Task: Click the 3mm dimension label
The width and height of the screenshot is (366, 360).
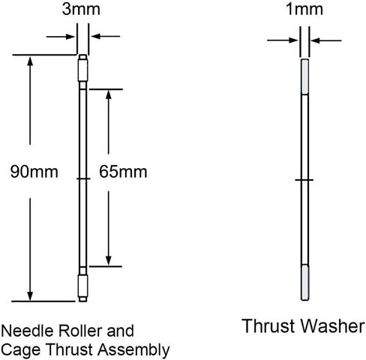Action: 81,9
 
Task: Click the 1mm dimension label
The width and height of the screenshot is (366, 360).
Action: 304,9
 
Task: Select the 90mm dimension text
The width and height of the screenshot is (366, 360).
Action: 34,172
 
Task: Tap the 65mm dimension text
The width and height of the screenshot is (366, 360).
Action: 123,172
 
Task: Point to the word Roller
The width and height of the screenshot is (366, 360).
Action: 80,331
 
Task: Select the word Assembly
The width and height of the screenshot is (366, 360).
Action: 133,349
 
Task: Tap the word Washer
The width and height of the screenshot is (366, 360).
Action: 332,326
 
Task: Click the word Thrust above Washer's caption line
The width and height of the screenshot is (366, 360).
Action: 269,326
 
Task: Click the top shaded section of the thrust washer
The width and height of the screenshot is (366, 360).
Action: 304,76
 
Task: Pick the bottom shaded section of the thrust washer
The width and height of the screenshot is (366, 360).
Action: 304,283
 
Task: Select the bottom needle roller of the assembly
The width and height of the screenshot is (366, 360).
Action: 82,286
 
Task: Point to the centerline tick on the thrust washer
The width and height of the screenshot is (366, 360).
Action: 304,180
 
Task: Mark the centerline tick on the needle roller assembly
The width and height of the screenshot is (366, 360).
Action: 83,178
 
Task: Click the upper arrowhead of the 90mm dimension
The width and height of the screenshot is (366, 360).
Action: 30,61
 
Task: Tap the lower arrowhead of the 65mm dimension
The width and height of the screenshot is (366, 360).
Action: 108,260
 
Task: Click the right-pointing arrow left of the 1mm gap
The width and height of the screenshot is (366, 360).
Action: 282,40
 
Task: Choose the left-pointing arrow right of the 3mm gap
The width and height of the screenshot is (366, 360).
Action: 106,36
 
